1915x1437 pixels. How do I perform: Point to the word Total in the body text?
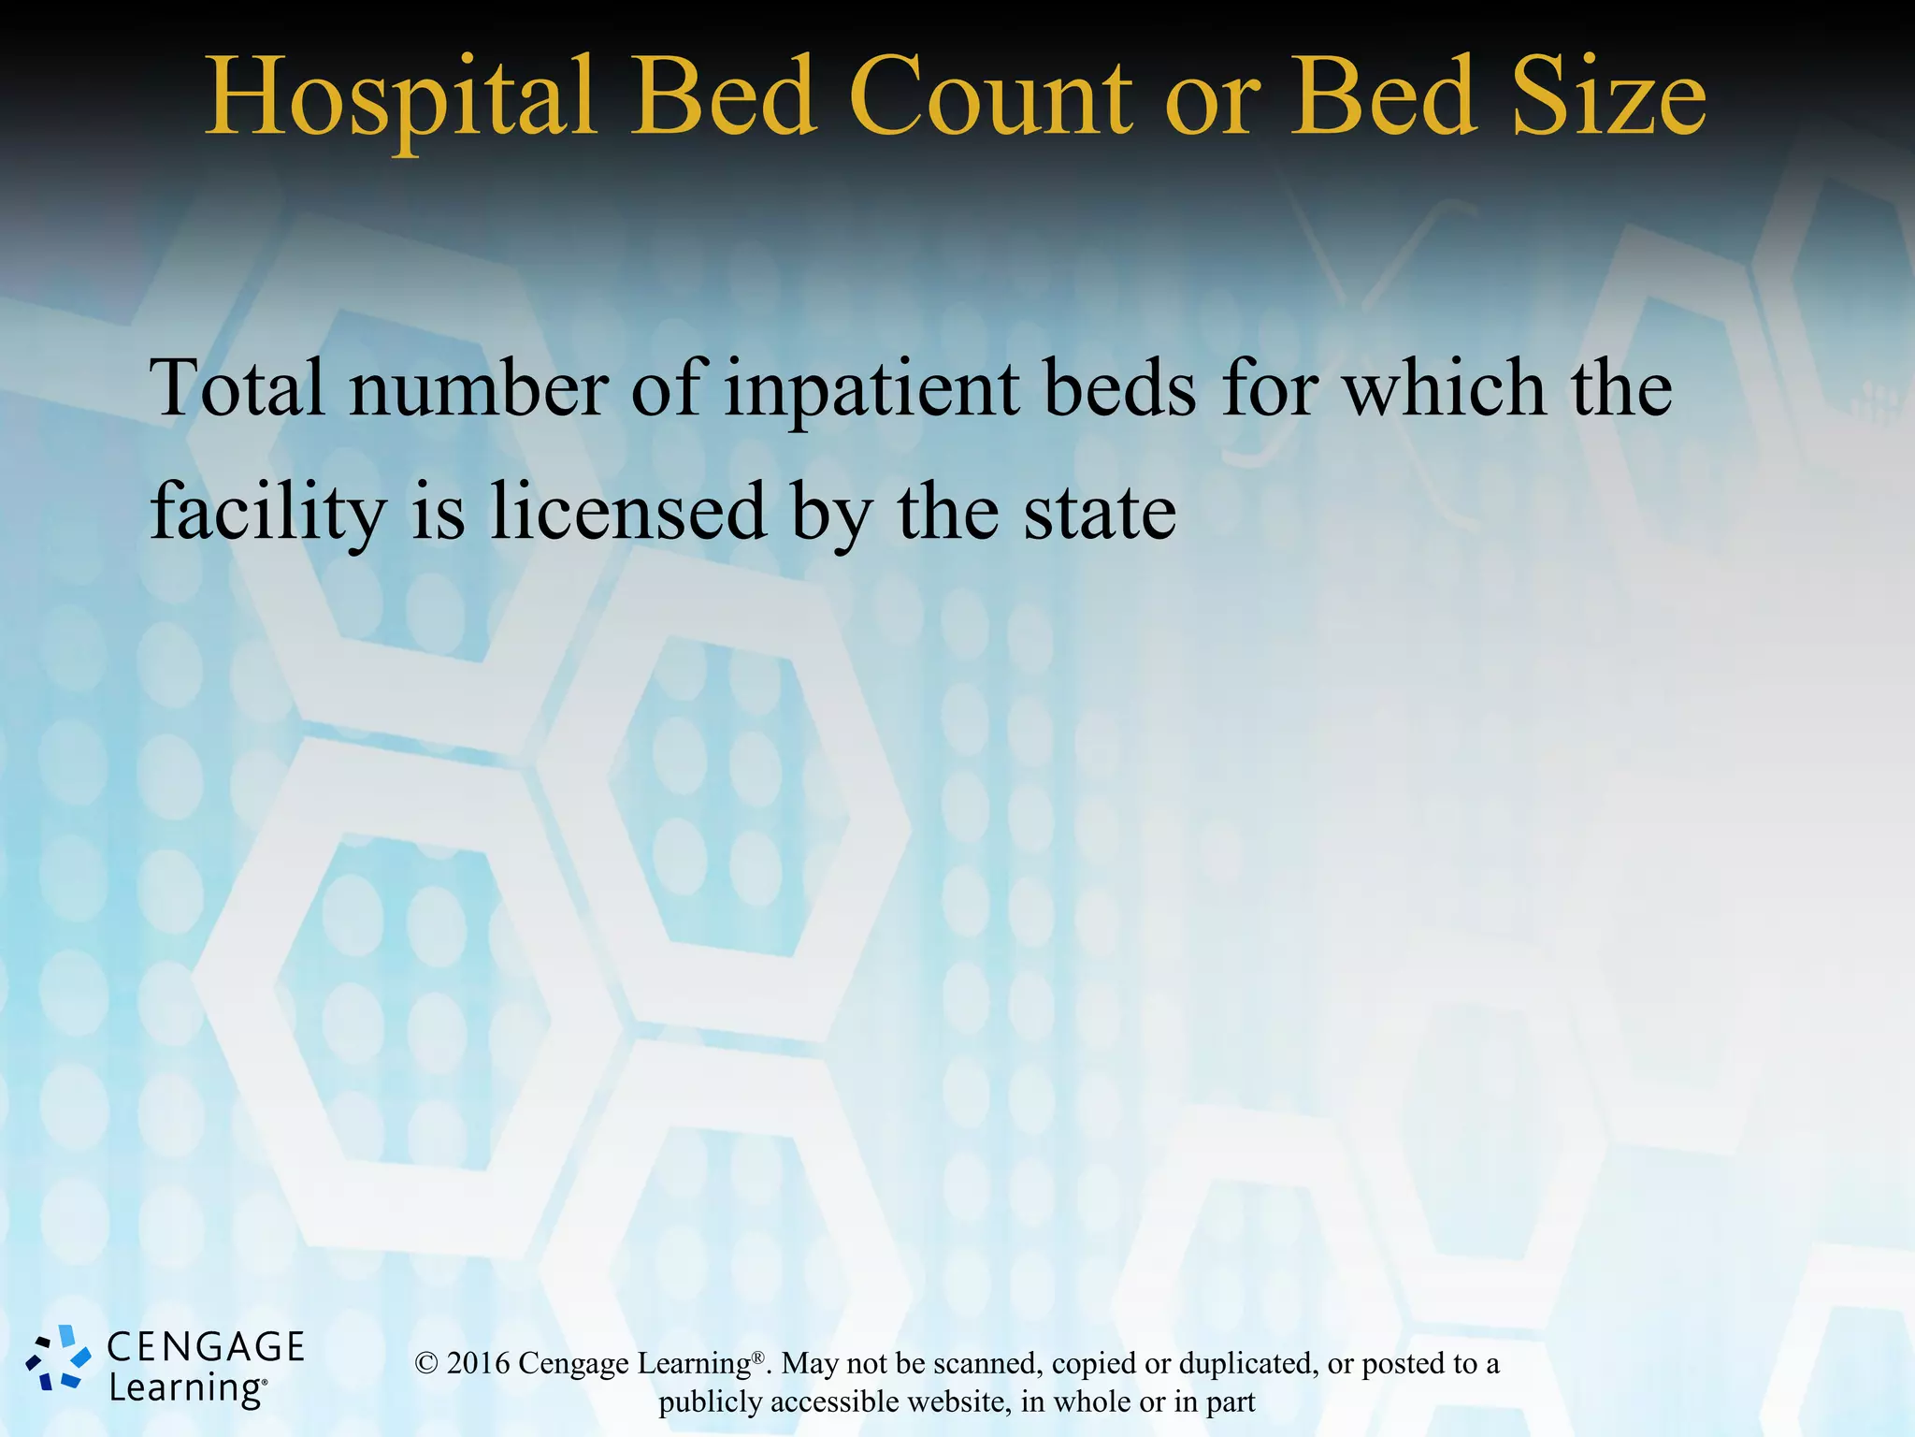[x=238, y=388]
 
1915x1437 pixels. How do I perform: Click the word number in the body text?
[x=479, y=388]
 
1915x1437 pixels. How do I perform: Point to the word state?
[x=1100, y=514]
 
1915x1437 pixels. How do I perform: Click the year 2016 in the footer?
[x=478, y=1363]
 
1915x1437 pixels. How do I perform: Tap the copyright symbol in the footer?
[x=426, y=1364]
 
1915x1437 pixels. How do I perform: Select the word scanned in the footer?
[x=975, y=1363]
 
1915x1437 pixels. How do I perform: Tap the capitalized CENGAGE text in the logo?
[x=206, y=1347]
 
